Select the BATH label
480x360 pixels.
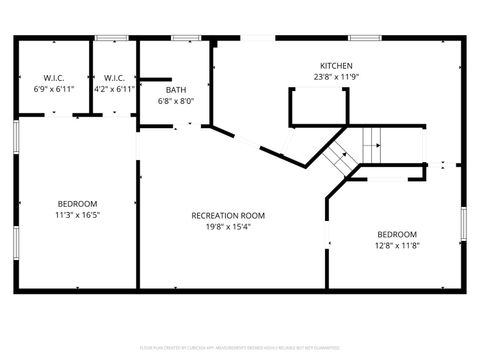(x=176, y=90)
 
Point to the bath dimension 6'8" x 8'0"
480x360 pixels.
(x=176, y=101)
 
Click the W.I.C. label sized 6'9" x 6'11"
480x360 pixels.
(x=53, y=78)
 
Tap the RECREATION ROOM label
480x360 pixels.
(x=228, y=215)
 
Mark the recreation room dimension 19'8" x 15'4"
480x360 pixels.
(x=228, y=226)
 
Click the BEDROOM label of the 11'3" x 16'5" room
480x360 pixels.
(x=75, y=203)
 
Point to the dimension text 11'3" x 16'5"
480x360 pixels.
(x=75, y=214)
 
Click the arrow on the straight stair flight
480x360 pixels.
(x=373, y=143)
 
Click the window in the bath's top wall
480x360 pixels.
(x=185, y=38)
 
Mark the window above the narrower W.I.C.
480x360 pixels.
(x=111, y=38)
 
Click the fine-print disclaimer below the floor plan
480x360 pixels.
(x=240, y=348)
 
